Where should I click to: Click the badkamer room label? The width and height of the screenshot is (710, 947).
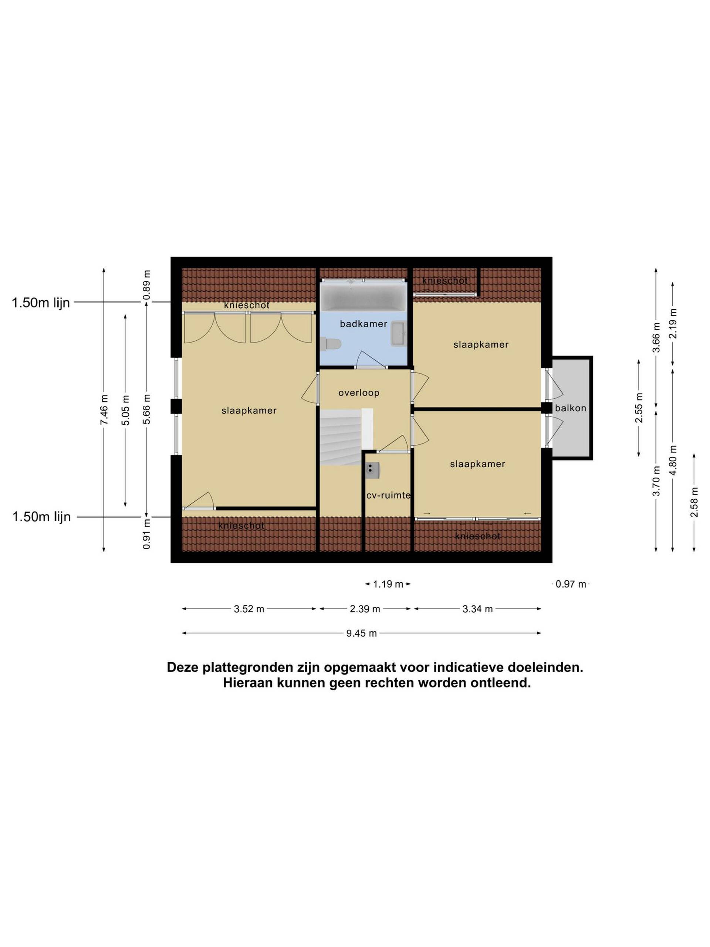point(364,324)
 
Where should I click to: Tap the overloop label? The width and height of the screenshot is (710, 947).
point(359,392)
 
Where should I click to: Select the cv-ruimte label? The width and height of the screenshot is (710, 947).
point(388,495)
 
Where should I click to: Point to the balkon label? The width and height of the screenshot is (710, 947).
point(571,408)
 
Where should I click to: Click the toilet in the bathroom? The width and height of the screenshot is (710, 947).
point(330,344)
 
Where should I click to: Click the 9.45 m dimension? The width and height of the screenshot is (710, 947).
point(362,633)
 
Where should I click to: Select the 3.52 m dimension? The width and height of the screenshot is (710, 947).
point(249,609)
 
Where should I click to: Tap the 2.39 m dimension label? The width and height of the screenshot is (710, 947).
point(365,609)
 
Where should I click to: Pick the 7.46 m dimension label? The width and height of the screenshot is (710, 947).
point(104,410)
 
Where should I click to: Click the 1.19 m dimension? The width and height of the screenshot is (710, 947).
point(388,584)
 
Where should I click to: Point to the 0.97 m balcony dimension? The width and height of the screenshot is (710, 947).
point(571,584)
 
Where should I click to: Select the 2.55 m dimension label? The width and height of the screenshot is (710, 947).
point(639,408)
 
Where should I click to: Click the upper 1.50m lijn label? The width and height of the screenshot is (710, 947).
point(41,303)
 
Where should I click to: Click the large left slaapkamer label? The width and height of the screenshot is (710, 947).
point(249,411)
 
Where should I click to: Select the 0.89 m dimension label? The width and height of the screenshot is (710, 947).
point(147,285)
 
